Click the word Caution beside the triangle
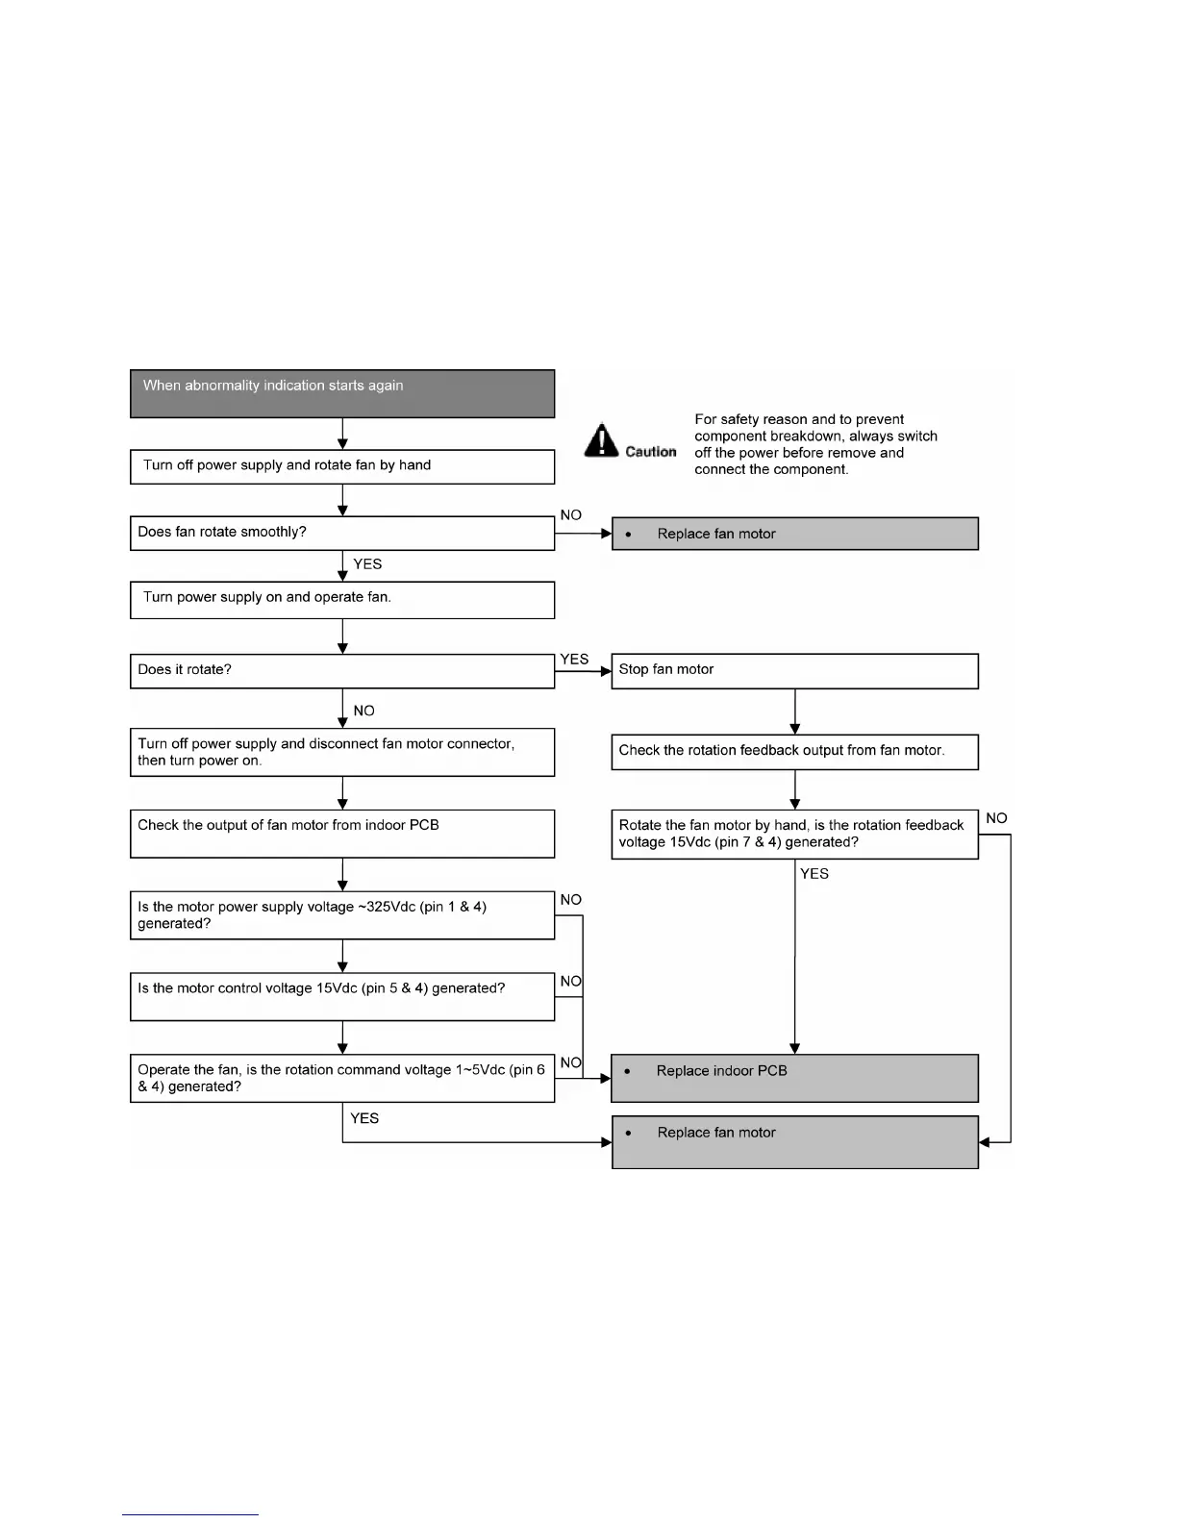651,452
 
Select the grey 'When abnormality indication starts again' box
342,393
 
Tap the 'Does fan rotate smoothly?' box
342,533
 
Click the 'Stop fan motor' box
794,670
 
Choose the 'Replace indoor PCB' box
794,1078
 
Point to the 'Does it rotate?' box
342,670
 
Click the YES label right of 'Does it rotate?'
574,659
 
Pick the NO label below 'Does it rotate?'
363,711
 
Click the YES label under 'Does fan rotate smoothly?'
367,564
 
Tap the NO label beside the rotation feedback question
996,818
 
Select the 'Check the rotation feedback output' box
794,752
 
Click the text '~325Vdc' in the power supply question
386,907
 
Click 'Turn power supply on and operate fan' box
342,599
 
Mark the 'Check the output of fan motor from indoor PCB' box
342,833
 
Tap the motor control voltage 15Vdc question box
342,996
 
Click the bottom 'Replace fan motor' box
794,1141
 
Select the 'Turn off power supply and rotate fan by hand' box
342,466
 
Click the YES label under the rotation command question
364,1118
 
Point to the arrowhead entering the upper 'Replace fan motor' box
607,534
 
